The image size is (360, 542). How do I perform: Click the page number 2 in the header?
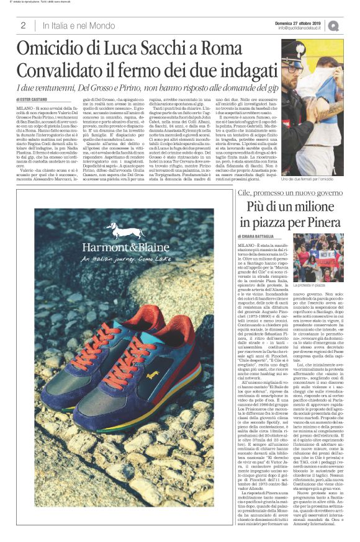tap(22, 25)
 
